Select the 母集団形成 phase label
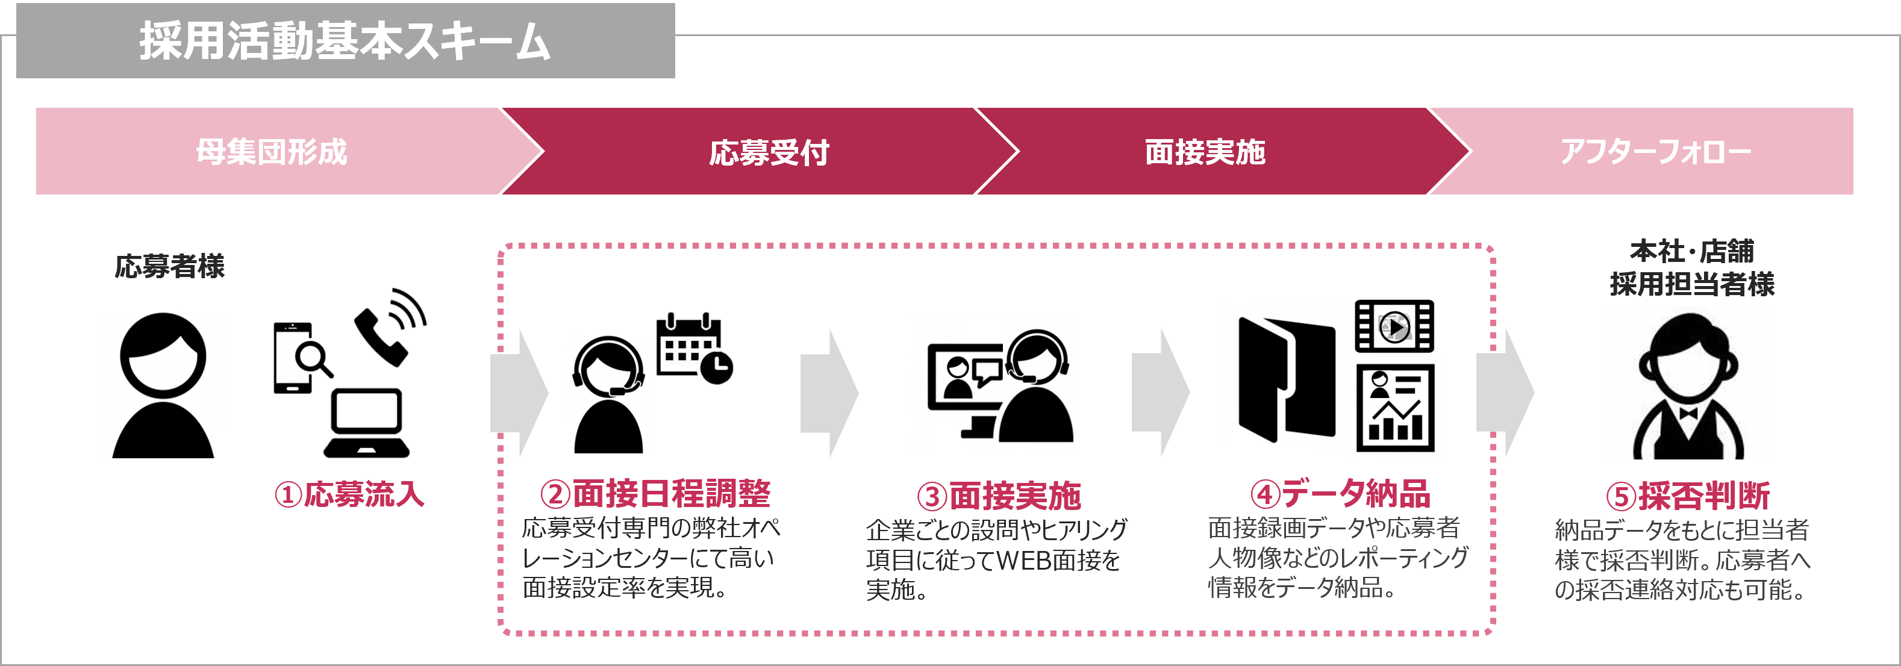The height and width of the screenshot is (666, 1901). tap(272, 152)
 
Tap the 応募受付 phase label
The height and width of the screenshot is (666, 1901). tap(769, 152)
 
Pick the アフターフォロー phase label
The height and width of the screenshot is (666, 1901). tap(1655, 152)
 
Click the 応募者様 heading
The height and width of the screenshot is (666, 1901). tap(170, 266)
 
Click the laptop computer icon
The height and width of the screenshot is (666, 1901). tap(366, 423)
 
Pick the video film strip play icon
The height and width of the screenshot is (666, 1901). tap(1394, 326)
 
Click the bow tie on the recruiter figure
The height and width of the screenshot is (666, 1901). tap(1688, 413)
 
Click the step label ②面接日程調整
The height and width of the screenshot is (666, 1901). tap(655, 493)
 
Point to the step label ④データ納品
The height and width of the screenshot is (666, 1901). tap(1340, 493)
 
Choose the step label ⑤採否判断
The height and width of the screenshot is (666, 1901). tap(1688, 496)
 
